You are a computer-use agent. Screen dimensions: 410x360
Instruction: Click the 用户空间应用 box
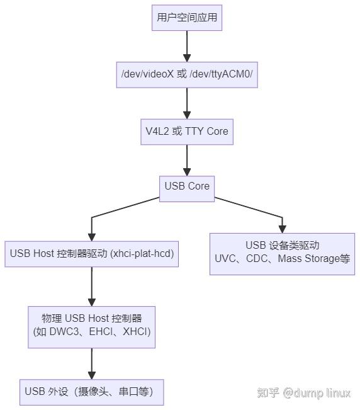(x=187, y=18)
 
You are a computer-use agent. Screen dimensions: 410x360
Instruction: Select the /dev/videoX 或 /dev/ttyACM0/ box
(x=187, y=74)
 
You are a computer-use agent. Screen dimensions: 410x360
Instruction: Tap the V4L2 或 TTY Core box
(x=187, y=132)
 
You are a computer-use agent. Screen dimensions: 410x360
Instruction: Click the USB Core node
(x=187, y=186)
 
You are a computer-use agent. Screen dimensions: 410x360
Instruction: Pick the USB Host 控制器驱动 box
(x=92, y=254)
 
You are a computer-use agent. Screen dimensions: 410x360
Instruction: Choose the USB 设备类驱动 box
(x=282, y=253)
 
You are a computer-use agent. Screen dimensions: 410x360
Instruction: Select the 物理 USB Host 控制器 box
(x=92, y=324)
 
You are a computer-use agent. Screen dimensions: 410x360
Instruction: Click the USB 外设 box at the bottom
(x=92, y=392)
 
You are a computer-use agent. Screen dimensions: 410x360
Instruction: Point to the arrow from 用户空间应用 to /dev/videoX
(x=187, y=45)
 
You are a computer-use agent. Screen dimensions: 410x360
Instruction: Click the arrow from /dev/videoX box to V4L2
(x=187, y=103)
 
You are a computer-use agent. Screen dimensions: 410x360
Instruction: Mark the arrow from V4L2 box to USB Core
(x=187, y=160)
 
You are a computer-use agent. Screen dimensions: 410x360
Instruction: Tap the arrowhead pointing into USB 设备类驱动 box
(x=282, y=227)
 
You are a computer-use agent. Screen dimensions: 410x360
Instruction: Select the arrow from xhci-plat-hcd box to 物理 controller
(x=92, y=287)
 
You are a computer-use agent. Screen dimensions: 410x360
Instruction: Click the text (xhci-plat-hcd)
(x=142, y=254)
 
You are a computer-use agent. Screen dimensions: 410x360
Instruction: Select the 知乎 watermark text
(x=267, y=393)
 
